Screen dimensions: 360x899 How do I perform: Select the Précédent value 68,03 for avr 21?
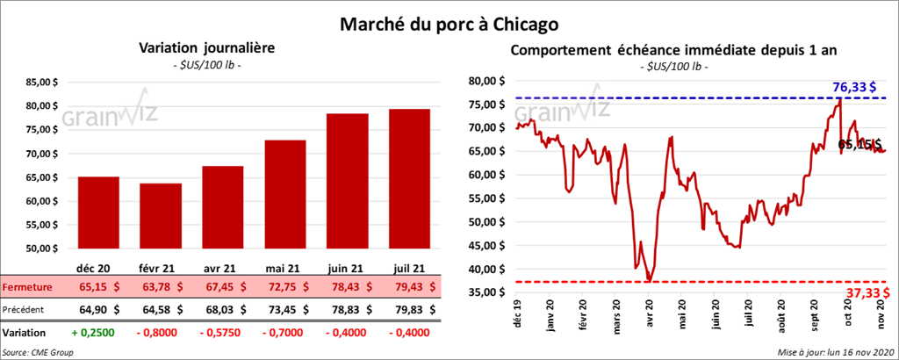pyautogui.click(x=213, y=309)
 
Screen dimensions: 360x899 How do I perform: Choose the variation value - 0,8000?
pyautogui.click(x=155, y=334)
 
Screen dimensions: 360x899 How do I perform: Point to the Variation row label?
pyautogui.click(x=24, y=334)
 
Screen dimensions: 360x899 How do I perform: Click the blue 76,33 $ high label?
pyautogui.click(x=859, y=87)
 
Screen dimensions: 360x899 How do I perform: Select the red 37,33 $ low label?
pyautogui.click(x=866, y=292)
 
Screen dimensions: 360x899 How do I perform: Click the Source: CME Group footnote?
pyautogui.click(x=39, y=352)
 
